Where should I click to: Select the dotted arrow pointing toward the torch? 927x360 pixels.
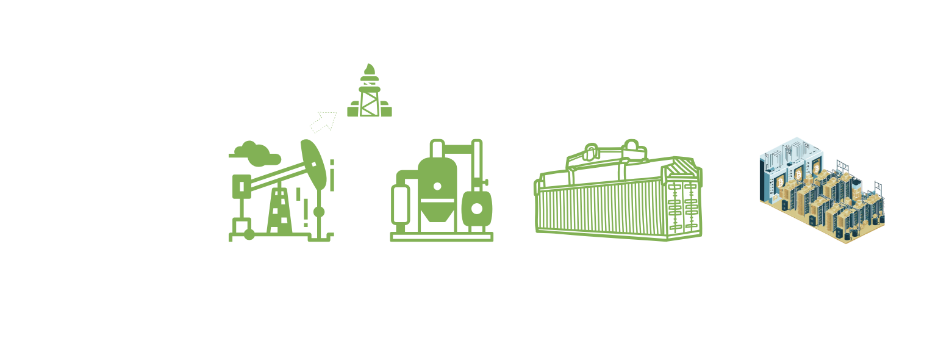tap(323, 121)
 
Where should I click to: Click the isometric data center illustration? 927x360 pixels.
tap(821, 190)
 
